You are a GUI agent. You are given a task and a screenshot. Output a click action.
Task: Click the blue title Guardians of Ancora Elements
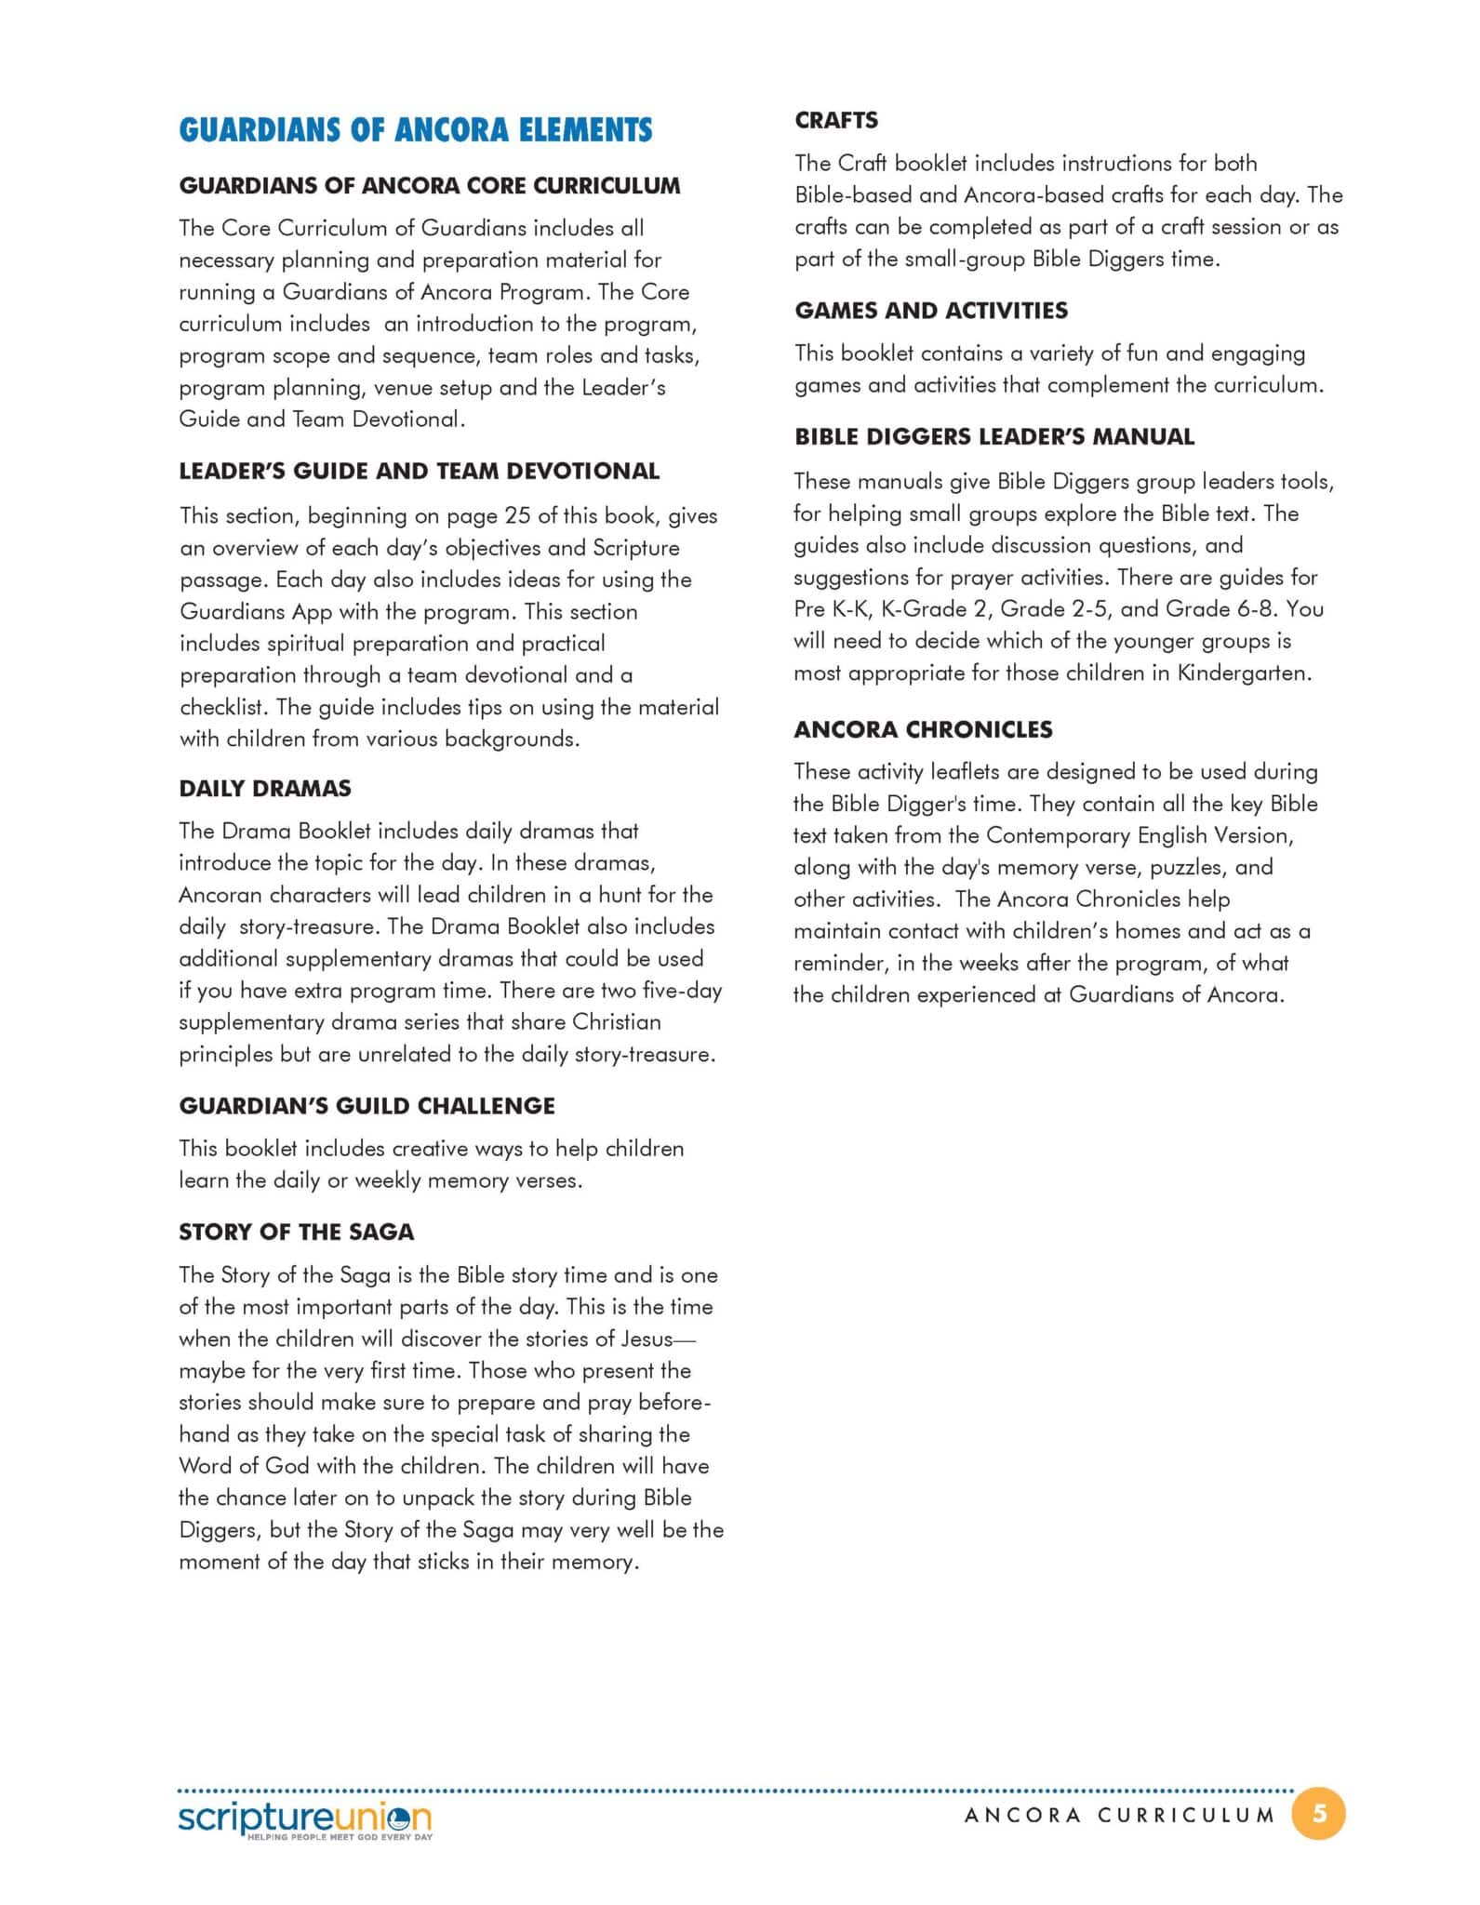point(415,130)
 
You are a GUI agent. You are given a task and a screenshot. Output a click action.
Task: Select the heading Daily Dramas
point(265,789)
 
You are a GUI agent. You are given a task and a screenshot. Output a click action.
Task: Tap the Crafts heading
point(835,121)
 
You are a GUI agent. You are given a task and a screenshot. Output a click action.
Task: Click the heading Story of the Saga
point(296,1232)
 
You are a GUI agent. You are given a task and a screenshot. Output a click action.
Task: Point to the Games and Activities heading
point(930,311)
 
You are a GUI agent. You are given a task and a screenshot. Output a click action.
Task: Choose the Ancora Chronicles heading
point(923,729)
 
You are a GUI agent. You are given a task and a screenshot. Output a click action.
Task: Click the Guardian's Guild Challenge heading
point(367,1106)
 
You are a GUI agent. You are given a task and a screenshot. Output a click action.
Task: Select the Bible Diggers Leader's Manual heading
point(993,437)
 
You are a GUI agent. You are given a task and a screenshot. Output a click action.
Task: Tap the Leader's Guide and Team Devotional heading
point(419,472)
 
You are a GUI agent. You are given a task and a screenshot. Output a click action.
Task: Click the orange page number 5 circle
point(1318,1813)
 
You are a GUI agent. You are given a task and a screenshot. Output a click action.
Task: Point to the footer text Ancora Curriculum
point(1118,1815)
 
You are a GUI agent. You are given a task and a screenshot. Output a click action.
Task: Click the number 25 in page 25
point(517,516)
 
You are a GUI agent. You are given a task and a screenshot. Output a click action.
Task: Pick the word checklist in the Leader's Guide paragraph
point(221,707)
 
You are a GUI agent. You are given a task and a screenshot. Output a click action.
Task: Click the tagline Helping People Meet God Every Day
point(339,1838)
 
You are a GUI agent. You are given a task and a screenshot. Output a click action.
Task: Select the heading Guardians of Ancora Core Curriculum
point(429,186)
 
